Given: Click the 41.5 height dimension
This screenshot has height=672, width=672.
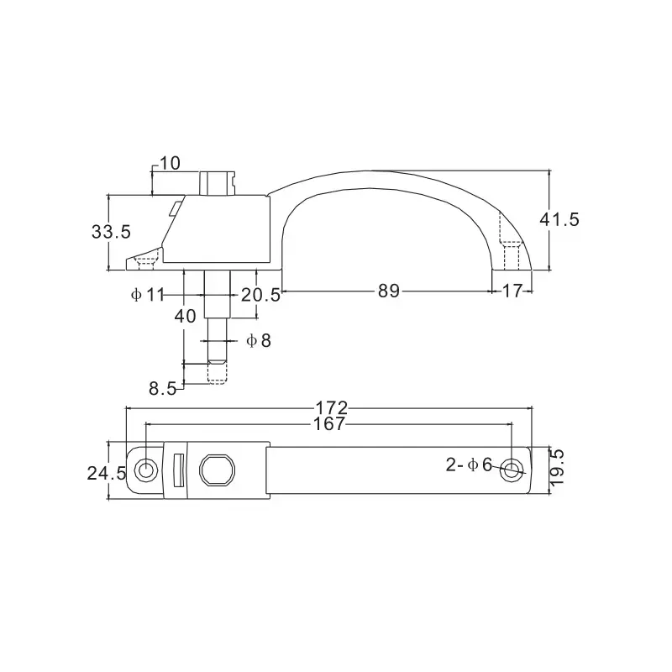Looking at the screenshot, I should pyautogui.click(x=559, y=219).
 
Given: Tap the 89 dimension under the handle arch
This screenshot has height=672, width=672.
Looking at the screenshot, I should pyautogui.click(x=388, y=291).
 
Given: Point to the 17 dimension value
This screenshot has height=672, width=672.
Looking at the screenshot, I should pyautogui.click(x=512, y=291).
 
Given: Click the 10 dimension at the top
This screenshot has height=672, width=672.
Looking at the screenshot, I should pyautogui.click(x=169, y=163).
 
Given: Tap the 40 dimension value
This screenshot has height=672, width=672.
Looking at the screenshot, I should pyautogui.click(x=185, y=316).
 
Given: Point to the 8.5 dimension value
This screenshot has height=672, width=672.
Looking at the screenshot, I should pyautogui.click(x=163, y=388).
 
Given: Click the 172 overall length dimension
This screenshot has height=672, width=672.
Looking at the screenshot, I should pyautogui.click(x=332, y=408).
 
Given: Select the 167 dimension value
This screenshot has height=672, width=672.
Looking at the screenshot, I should pyautogui.click(x=328, y=424).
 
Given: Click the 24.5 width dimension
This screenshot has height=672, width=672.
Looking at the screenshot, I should pyautogui.click(x=107, y=473).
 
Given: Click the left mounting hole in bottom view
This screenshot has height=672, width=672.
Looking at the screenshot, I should pyautogui.click(x=147, y=470).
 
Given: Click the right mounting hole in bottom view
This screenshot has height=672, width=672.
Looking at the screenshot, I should pyautogui.click(x=510, y=471).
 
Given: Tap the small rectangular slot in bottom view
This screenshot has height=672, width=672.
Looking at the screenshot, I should pyautogui.click(x=177, y=470).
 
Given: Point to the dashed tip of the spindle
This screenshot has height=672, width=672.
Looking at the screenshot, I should pyautogui.click(x=217, y=372).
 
